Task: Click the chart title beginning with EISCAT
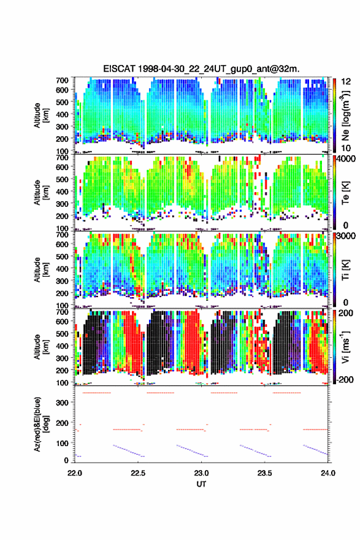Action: [x=201, y=69]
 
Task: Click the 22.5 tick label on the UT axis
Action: [x=137, y=473]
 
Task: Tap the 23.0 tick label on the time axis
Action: [x=201, y=473]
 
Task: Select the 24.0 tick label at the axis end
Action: [x=327, y=473]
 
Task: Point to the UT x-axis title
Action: [x=201, y=484]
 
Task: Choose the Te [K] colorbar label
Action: [x=345, y=193]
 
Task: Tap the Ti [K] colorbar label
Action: [x=345, y=269]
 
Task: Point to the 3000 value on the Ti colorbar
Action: [x=346, y=236]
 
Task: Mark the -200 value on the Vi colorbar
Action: [x=345, y=379]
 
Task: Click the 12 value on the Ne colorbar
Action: [x=346, y=82]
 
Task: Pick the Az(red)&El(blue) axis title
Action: [x=41, y=424]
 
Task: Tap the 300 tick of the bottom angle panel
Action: [x=62, y=403]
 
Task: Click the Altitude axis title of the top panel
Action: [x=41, y=115]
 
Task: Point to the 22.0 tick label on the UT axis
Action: [x=74, y=473]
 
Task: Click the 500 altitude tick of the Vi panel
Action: [x=62, y=334]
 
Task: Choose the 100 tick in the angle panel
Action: [x=62, y=443]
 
